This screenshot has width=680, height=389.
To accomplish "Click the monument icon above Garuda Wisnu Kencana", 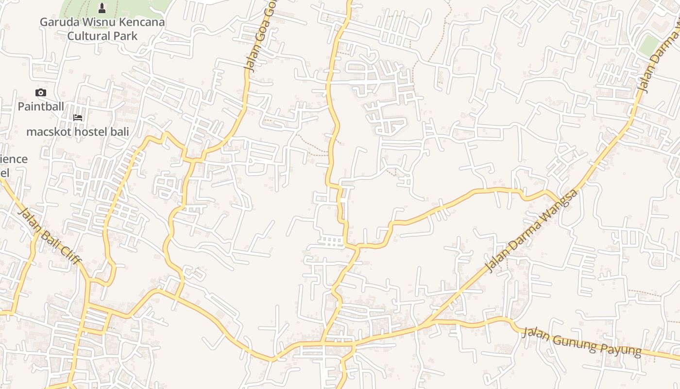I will pos(102,8).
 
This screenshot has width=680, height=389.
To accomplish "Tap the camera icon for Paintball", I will pos(41,92).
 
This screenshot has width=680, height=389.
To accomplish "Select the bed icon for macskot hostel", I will pos(77,117).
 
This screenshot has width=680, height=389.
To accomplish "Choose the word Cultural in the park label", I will pos(88,36).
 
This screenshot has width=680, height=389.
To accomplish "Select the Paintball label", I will pos(41,106).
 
